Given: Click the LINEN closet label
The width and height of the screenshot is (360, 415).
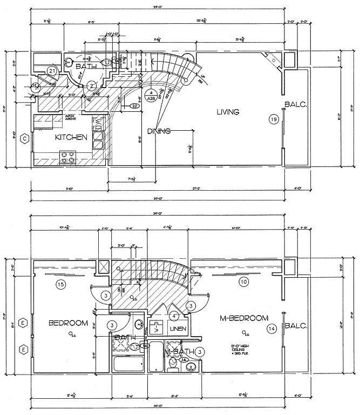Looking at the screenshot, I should pos(178,329).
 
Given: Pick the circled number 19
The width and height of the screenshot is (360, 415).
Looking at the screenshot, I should pos(274,118).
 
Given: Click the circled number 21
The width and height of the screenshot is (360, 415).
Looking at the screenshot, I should pos(52,70).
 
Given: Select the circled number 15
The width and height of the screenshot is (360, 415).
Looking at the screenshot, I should pos(61,284).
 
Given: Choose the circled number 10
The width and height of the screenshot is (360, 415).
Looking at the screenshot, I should pos(244,281).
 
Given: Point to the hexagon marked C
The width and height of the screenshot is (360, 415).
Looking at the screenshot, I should pos(24,138).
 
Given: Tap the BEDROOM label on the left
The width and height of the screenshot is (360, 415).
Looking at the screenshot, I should pos(68,323).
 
